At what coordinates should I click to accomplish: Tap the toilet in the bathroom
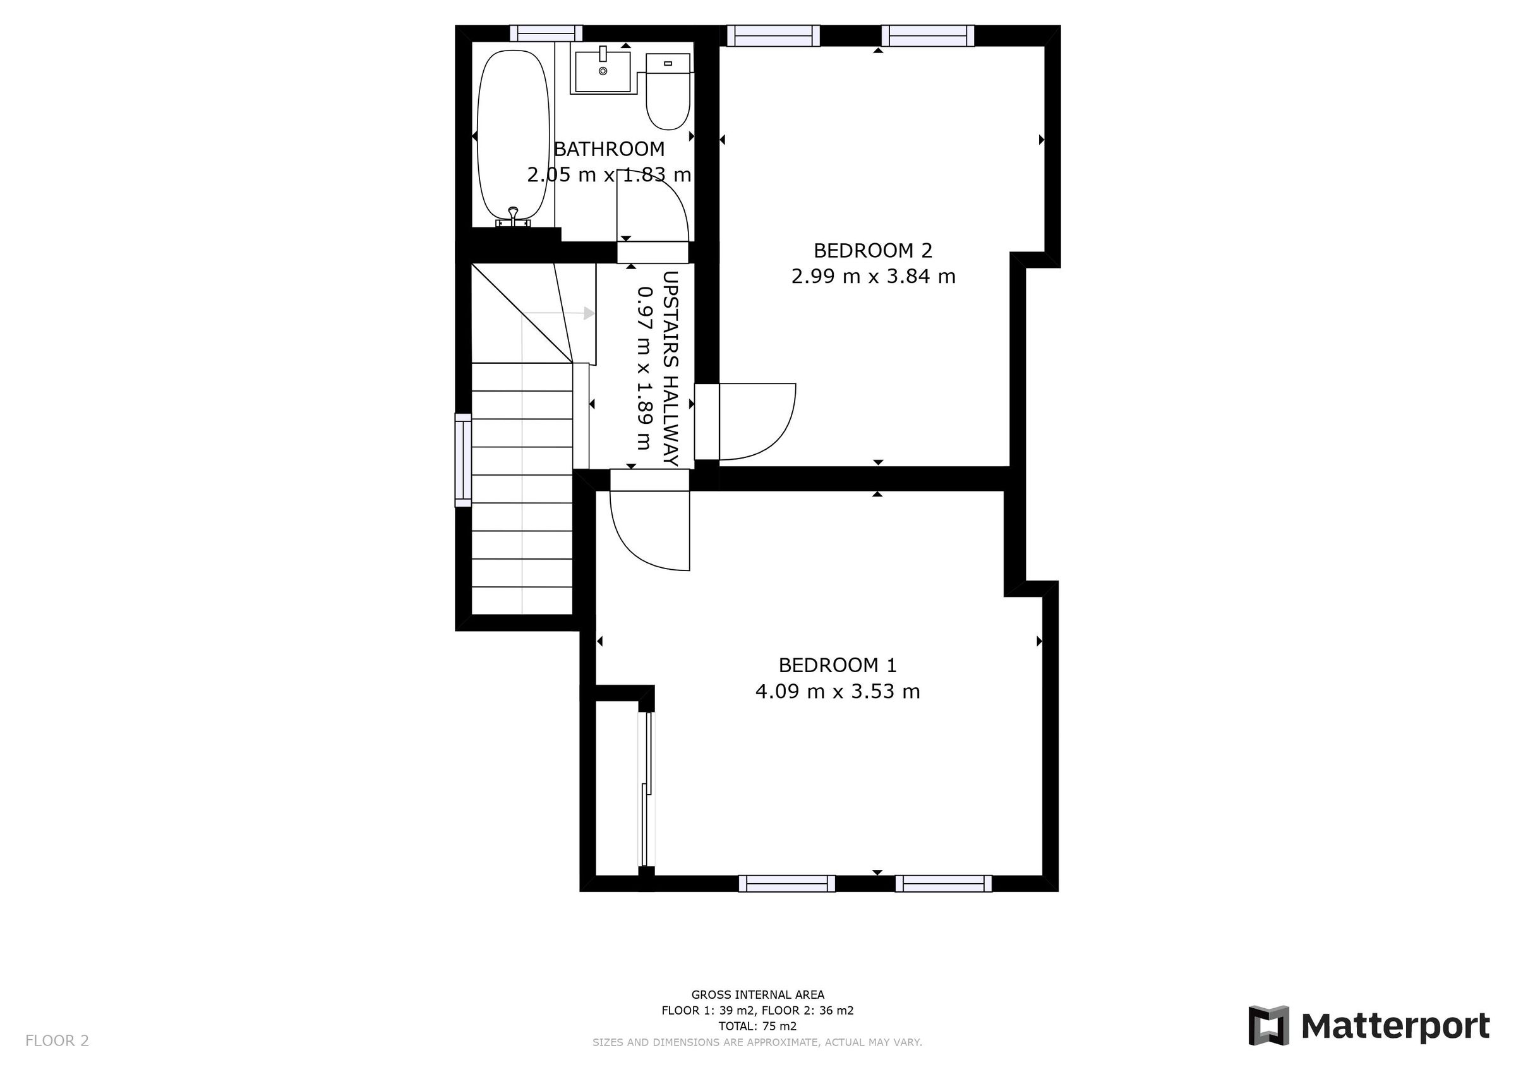(x=668, y=92)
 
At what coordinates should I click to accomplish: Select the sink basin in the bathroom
(x=602, y=72)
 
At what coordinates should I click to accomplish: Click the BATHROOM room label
(x=609, y=149)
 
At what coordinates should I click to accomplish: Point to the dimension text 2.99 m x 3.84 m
(x=873, y=276)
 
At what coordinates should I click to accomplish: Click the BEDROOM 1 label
(x=837, y=665)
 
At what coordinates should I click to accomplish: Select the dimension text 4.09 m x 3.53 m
(x=837, y=692)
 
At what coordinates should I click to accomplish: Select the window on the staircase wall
(x=464, y=460)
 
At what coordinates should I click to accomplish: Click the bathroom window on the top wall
(x=546, y=33)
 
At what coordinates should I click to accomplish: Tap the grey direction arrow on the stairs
(x=587, y=313)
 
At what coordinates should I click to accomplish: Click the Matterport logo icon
(x=1268, y=1025)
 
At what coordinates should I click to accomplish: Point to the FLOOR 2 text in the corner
(x=57, y=1041)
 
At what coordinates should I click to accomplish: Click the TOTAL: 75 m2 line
(x=757, y=1026)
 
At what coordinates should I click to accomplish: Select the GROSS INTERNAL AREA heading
(x=757, y=994)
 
